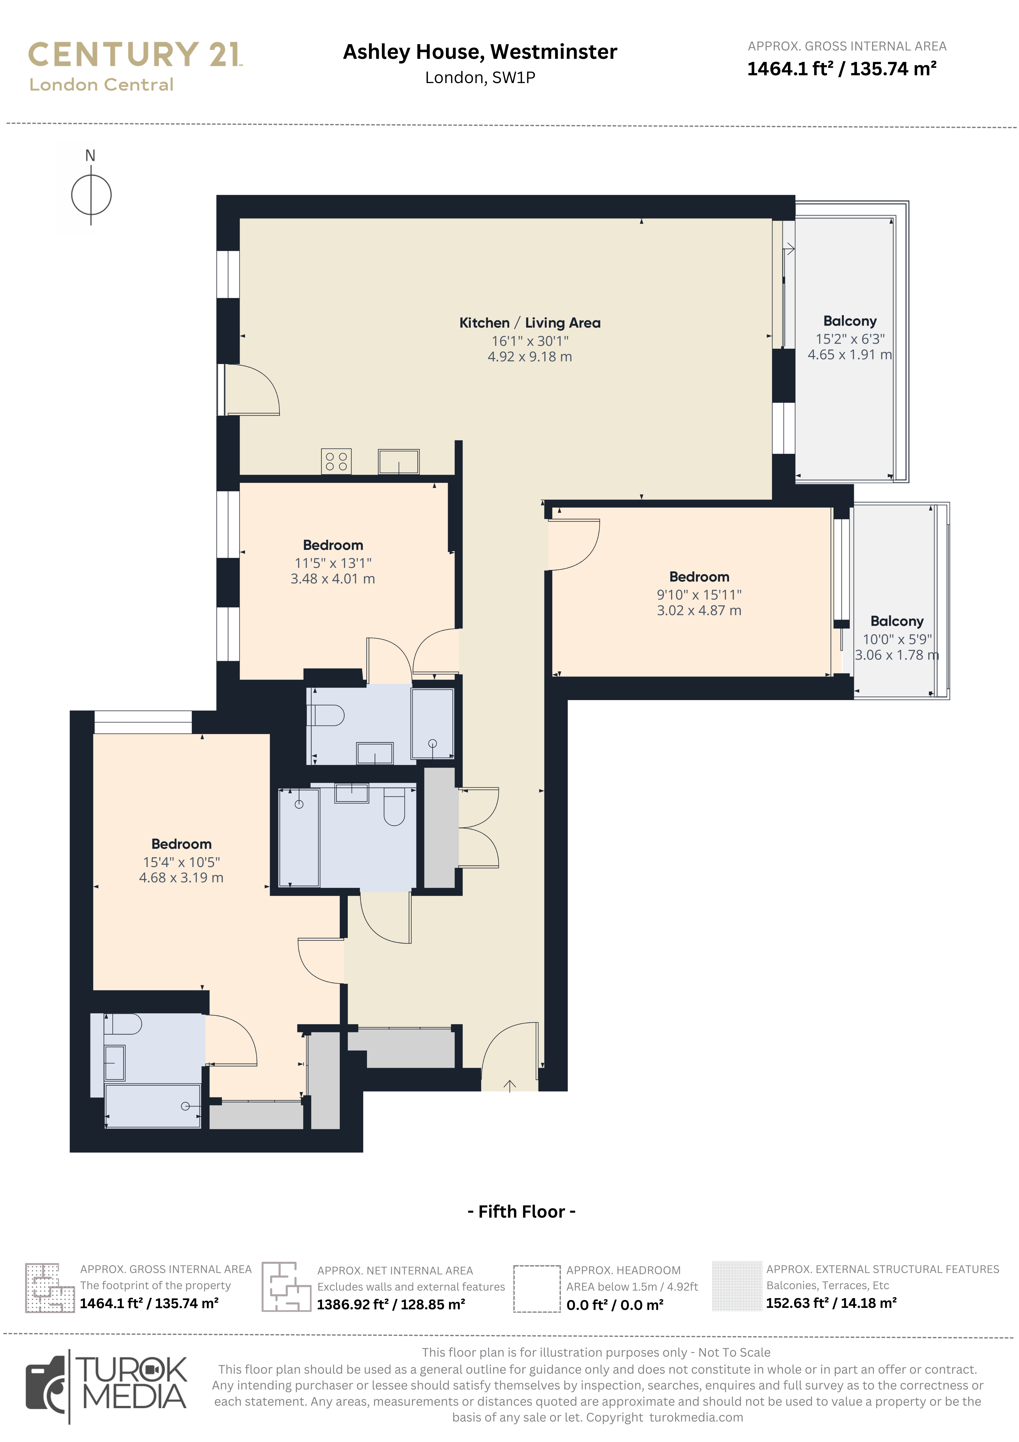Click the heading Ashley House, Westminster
coord(480,52)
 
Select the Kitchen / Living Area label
coord(530,323)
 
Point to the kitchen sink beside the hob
coord(399,462)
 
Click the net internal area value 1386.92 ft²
coord(391,1304)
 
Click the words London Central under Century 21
coord(101,85)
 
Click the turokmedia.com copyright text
coord(696,1417)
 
